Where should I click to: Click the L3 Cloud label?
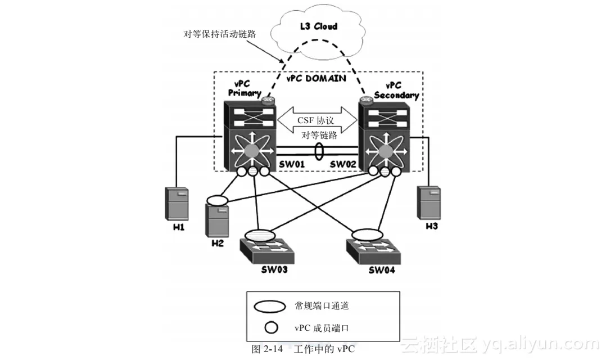pos(318,26)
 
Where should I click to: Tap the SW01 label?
pos(292,163)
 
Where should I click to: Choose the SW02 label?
pos(343,163)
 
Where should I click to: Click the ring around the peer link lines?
pos(319,152)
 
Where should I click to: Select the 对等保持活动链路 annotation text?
pos(220,34)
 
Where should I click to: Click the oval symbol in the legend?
pos(272,307)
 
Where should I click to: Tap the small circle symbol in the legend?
pos(273,327)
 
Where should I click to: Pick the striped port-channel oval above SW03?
pos(260,233)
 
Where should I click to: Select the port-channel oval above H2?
pos(217,199)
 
